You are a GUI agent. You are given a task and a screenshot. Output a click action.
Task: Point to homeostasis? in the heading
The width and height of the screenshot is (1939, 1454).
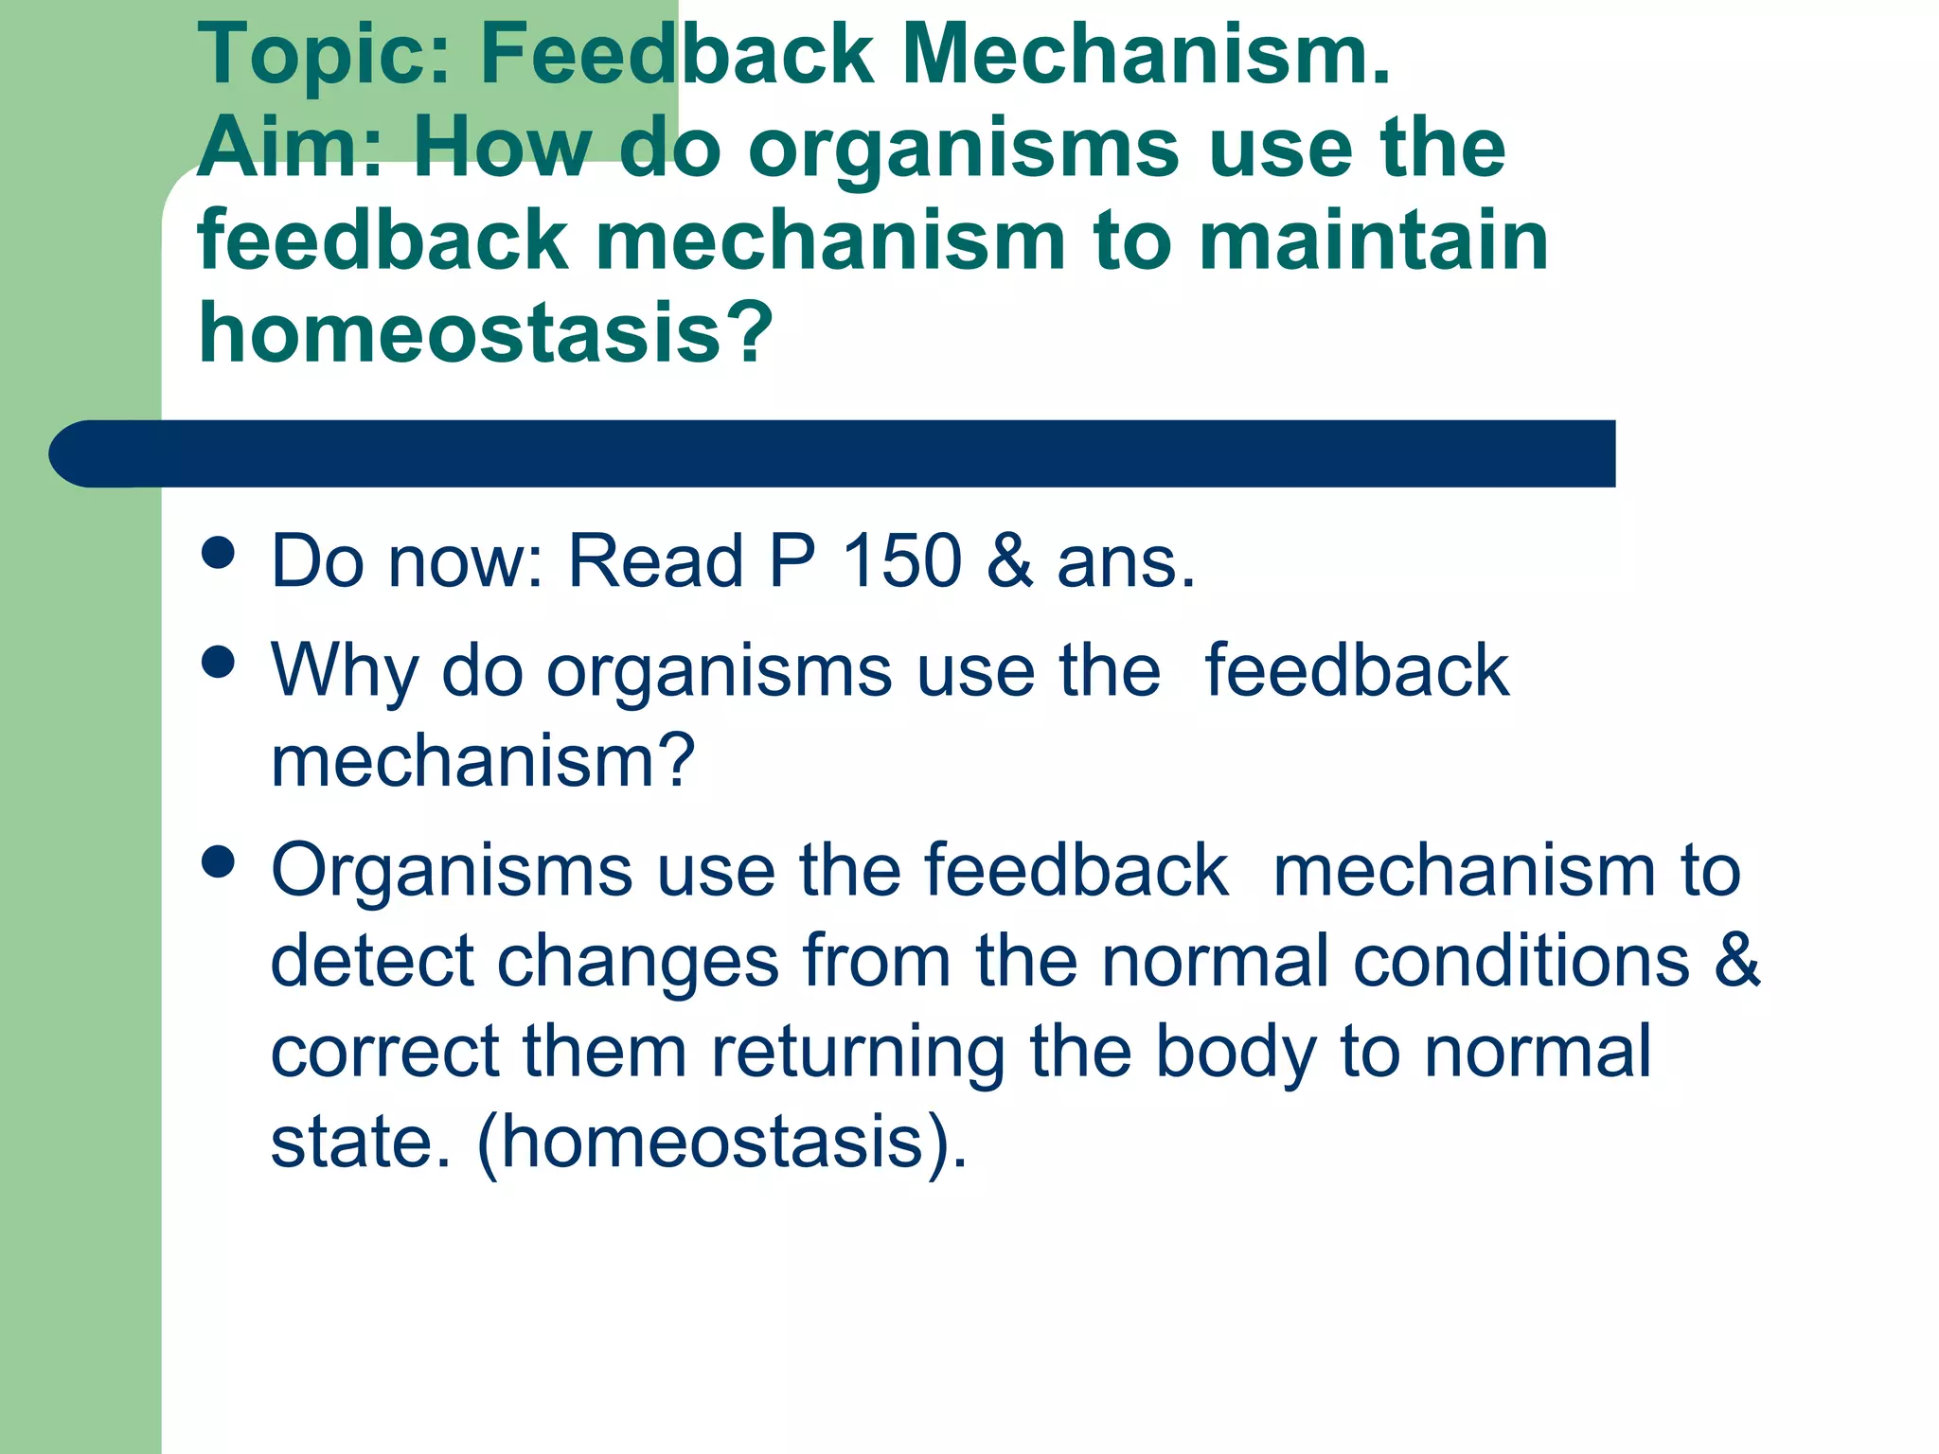[486, 332]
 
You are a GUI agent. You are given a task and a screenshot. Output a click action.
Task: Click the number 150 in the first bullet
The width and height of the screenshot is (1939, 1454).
[901, 561]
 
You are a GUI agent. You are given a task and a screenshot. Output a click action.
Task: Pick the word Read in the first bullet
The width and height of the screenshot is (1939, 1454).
[655, 561]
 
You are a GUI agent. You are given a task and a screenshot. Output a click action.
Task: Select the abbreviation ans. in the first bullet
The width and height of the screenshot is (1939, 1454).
[1126, 561]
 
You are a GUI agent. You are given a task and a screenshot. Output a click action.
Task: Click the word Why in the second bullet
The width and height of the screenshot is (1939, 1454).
[344, 671]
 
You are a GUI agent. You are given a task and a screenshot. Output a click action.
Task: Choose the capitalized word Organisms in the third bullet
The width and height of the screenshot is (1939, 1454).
[452, 870]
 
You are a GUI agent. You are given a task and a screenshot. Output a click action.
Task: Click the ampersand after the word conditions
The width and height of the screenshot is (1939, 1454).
[1737, 961]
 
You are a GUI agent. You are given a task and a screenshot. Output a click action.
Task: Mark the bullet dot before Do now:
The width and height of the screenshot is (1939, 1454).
[219, 553]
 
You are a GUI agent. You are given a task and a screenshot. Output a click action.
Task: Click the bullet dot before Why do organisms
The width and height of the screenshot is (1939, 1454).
[219, 663]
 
